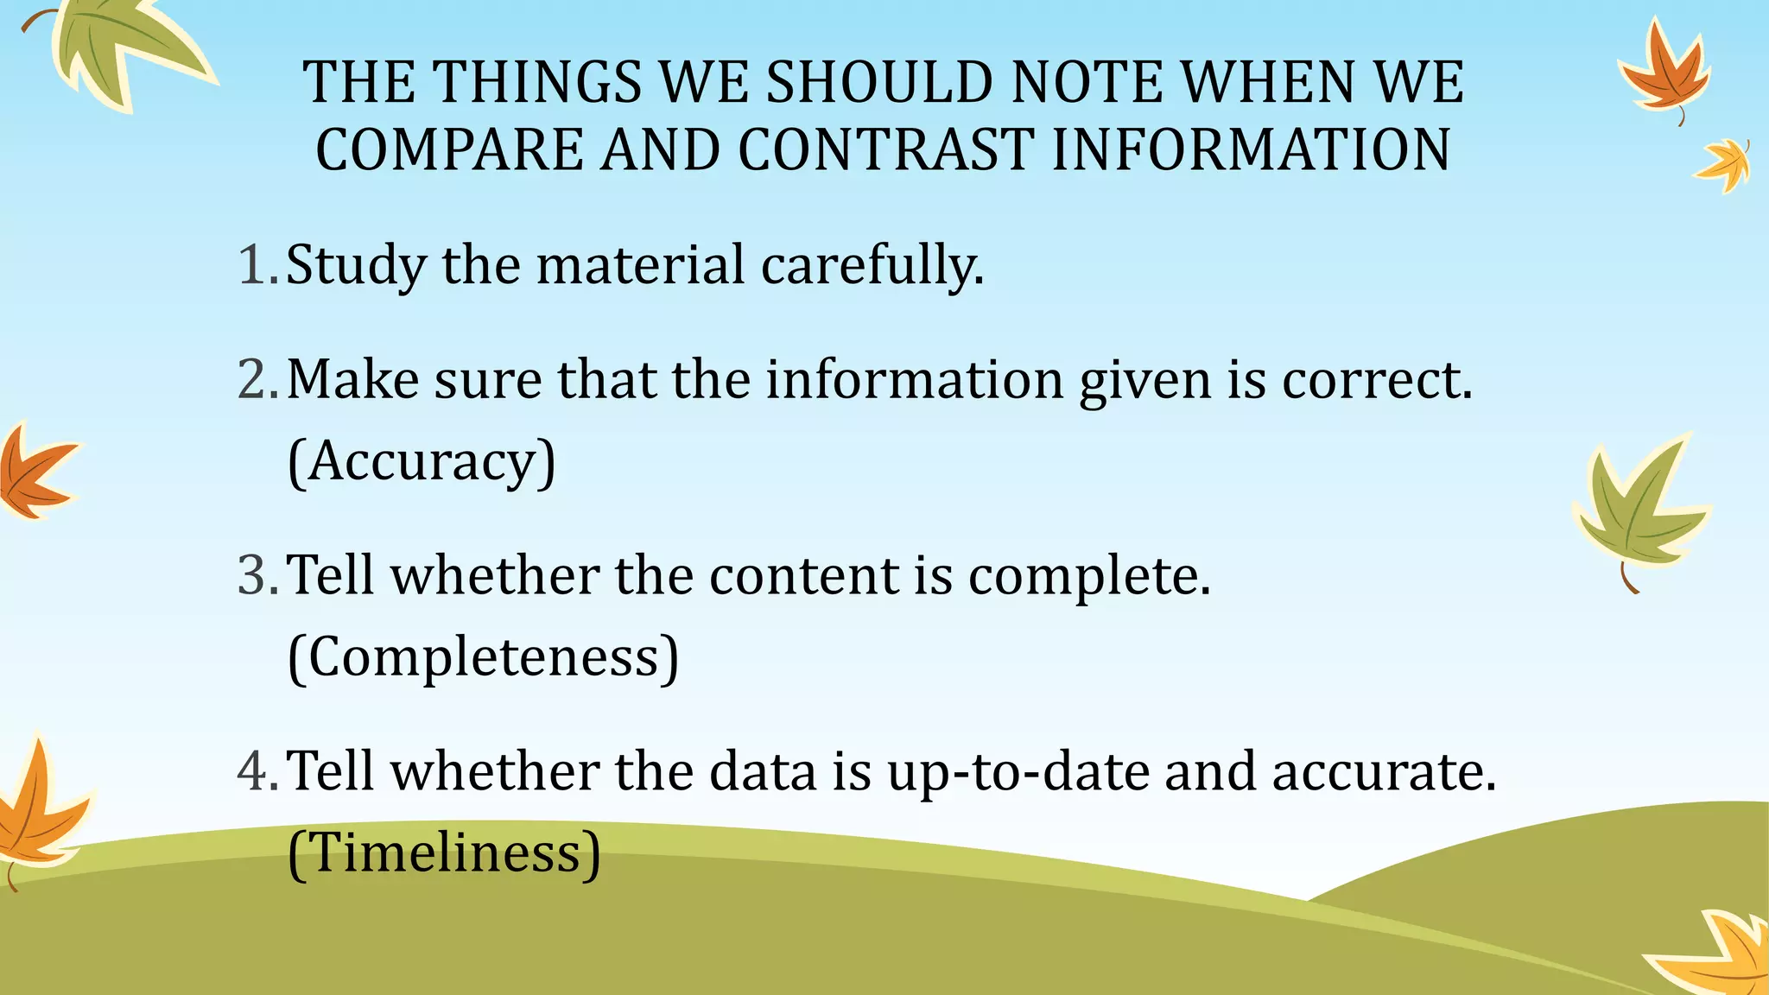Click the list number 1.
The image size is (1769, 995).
(x=257, y=264)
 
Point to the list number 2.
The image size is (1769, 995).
(x=257, y=379)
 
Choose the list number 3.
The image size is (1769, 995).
(x=257, y=575)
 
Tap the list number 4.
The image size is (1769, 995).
(x=257, y=771)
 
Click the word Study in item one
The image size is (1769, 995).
(x=356, y=266)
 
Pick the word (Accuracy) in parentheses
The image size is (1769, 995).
(x=422, y=462)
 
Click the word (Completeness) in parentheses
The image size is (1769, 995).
(x=483, y=658)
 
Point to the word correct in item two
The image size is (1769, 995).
(x=1376, y=380)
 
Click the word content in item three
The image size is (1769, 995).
(x=804, y=576)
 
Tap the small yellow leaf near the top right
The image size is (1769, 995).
(x=1724, y=164)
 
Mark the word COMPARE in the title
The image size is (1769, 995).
(x=450, y=149)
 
